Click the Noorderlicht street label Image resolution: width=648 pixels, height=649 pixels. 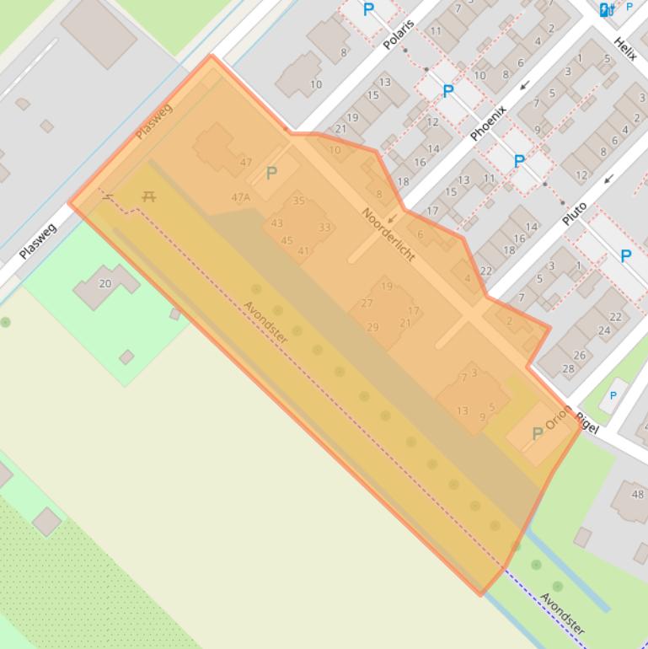(x=388, y=233)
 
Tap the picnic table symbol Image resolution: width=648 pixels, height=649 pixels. (x=149, y=196)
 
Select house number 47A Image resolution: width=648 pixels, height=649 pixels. (x=240, y=197)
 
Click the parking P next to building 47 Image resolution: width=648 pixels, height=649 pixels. (x=271, y=173)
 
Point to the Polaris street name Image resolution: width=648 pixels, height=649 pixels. (x=399, y=35)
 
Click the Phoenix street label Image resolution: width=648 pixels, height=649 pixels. (x=489, y=122)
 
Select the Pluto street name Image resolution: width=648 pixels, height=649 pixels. (x=575, y=207)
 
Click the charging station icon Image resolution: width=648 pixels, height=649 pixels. (x=604, y=10)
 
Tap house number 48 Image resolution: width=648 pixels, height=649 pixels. (x=637, y=495)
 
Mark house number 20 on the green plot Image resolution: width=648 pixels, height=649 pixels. (x=105, y=283)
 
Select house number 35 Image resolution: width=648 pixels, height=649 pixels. (x=298, y=201)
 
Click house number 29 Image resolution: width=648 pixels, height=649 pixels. (x=372, y=327)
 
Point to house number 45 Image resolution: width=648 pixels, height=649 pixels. (x=287, y=240)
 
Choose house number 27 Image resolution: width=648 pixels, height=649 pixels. (x=367, y=303)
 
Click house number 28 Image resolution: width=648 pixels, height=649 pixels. (x=568, y=368)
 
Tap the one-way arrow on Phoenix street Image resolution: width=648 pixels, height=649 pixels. (x=524, y=85)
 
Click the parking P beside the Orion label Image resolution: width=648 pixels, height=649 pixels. (x=537, y=434)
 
